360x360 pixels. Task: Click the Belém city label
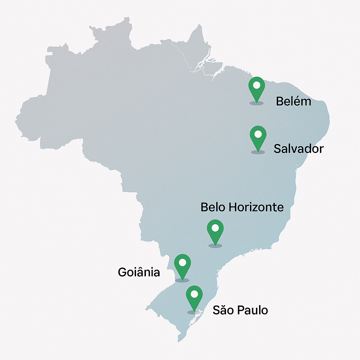[293, 101]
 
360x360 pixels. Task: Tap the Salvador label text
[298, 149]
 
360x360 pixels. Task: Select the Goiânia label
[139, 272]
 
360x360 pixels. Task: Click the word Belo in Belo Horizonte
[213, 207]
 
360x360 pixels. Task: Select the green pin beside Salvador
[258, 137]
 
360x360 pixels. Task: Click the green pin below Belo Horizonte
[215, 231]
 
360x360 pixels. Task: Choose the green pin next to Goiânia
[182, 265]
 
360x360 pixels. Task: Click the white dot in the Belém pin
[257, 85]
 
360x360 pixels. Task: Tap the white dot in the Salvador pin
[258, 134]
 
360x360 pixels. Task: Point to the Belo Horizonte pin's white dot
[215, 228]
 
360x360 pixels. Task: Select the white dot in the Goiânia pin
[182, 262]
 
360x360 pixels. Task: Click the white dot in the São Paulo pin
[194, 294]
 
